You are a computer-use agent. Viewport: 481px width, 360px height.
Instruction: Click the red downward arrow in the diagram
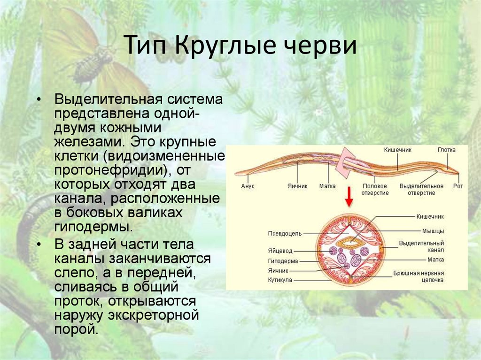[348, 198]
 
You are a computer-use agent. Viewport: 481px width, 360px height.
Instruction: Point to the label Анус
[248, 186]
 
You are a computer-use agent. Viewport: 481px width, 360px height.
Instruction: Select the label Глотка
[446, 150]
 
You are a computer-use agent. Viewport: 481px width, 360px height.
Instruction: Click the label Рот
[458, 186]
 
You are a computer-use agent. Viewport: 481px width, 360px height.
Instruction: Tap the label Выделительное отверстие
[421, 190]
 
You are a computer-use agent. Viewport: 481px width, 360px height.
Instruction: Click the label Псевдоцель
[285, 232]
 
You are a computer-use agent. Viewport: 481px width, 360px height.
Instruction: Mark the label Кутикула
[280, 280]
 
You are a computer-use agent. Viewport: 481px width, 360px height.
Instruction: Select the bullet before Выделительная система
[40, 100]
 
